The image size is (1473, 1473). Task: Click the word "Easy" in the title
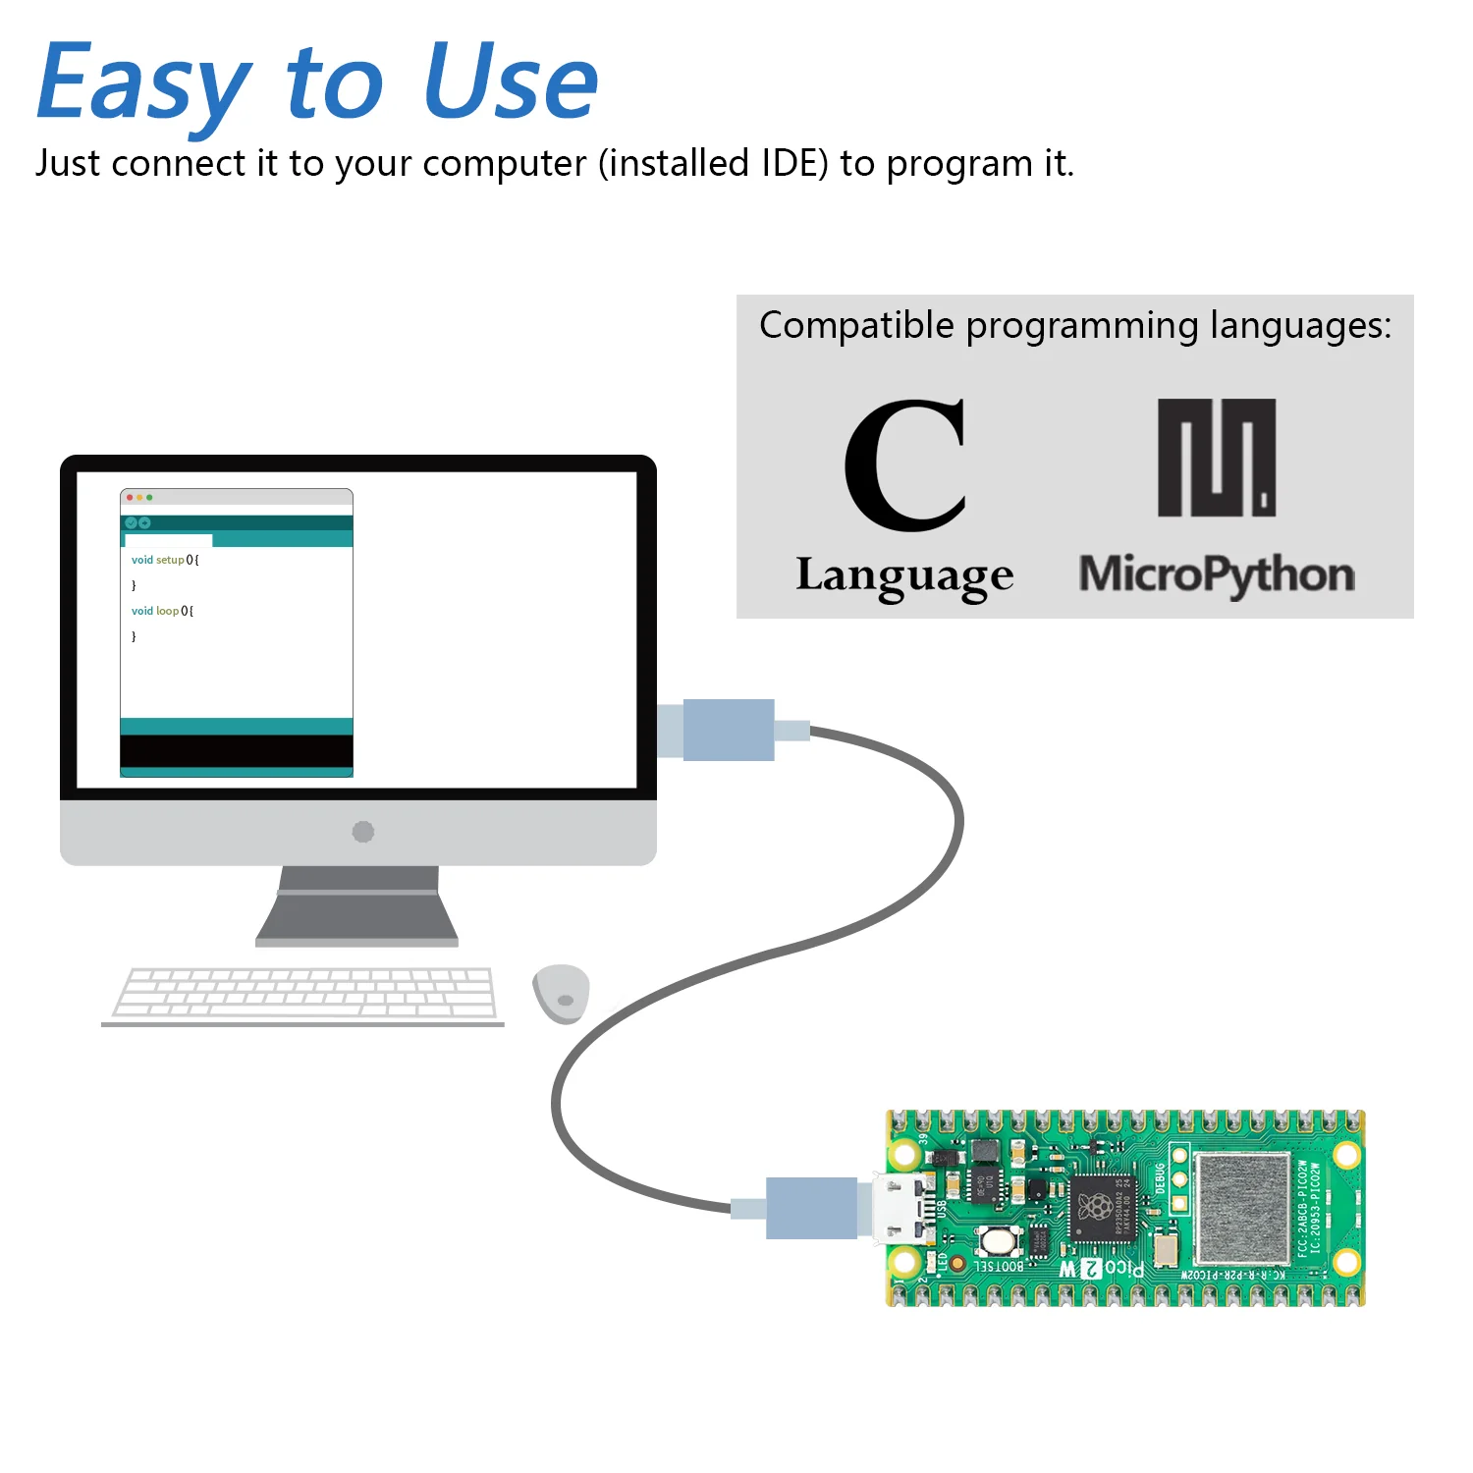click(x=143, y=83)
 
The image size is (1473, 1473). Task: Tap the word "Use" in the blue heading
click(x=511, y=83)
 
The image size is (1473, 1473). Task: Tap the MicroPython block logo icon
click(x=1217, y=458)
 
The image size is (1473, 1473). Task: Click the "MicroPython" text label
click(x=1217, y=575)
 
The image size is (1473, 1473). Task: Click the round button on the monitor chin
click(x=362, y=832)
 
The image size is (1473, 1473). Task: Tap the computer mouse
click(x=561, y=993)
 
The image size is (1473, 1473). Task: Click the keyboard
click(x=305, y=994)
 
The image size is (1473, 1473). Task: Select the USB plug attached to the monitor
click(x=728, y=730)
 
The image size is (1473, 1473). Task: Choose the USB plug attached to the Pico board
click(x=811, y=1208)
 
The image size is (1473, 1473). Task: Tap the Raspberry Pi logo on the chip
click(x=1095, y=1207)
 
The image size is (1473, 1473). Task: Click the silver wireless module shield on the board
click(x=1241, y=1208)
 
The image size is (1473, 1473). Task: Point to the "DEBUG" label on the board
click(x=1160, y=1178)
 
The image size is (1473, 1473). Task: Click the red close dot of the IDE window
click(x=130, y=498)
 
